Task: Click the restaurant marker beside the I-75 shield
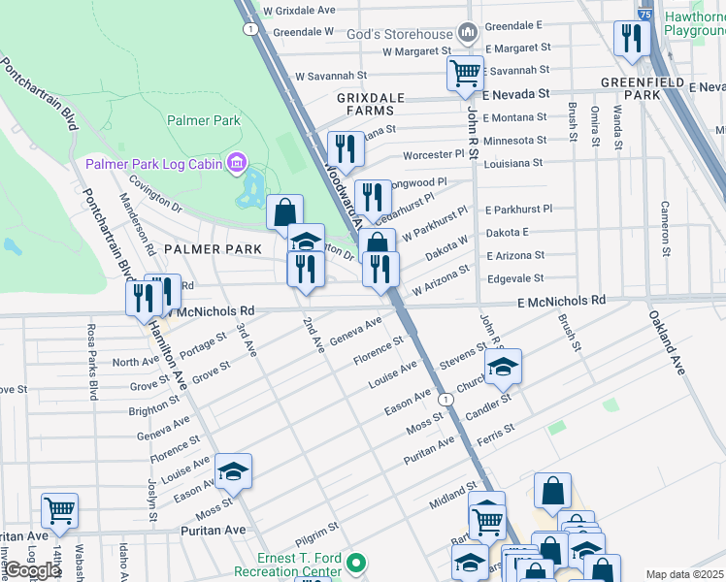pos(631,39)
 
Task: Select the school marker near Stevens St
pos(503,367)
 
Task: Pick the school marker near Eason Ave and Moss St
pos(233,471)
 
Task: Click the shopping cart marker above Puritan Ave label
pos(59,510)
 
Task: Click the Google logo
pos(32,570)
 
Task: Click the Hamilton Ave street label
pos(167,355)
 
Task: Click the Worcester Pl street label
pos(434,154)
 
